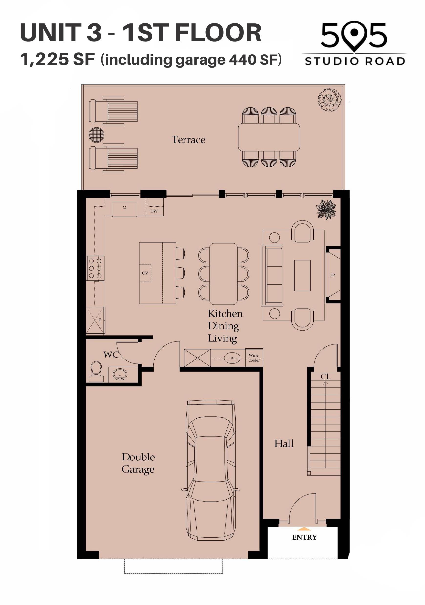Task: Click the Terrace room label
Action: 188,140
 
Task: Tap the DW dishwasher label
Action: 154,211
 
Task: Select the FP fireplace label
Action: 332,275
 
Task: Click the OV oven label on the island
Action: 145,273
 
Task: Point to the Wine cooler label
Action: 254,358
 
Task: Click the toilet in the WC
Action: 96,372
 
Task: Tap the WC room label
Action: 111,355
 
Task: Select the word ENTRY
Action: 304,537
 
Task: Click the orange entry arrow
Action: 304,529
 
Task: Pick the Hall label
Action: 284,444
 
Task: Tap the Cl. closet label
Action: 325,377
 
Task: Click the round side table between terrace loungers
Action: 96,135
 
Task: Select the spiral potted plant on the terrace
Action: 329,100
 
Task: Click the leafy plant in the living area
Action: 326,210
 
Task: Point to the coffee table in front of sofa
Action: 302,275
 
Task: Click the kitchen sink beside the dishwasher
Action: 125,210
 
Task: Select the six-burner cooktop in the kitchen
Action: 95,268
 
